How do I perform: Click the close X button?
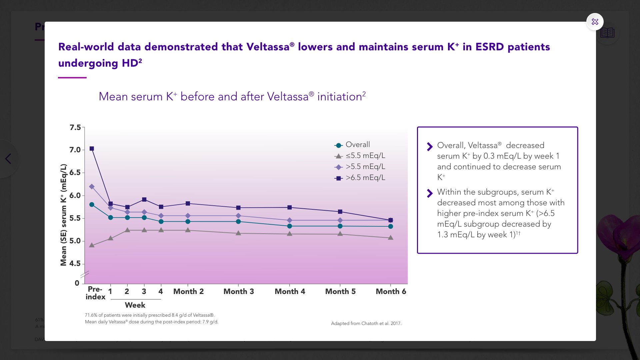[x=595, y=22]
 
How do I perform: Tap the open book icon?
[x=607, y=33]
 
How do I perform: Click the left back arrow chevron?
[x=8, y=159]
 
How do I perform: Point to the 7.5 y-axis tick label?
[x=75, y=127]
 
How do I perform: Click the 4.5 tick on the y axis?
[x=75, y=264]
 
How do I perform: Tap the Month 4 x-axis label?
[x=290, y=292]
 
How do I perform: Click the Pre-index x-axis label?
[x=95, y=293]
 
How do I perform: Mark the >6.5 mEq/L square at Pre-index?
[x=92, y=149]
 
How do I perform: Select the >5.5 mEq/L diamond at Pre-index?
[x=92, y=187]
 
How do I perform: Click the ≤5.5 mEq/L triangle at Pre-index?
[x=92, y=245]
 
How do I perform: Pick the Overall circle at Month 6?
[x=391, y=226]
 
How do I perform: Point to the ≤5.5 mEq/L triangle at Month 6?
[x=391, y=238]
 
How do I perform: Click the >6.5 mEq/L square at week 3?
[x=144, y=200]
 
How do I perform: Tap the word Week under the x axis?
[x=135, y=305]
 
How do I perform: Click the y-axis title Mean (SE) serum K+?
[x=63, y=215]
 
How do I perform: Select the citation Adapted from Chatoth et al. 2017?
[x=366, y=323]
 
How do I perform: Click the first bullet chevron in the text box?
[x=430, y=147]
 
